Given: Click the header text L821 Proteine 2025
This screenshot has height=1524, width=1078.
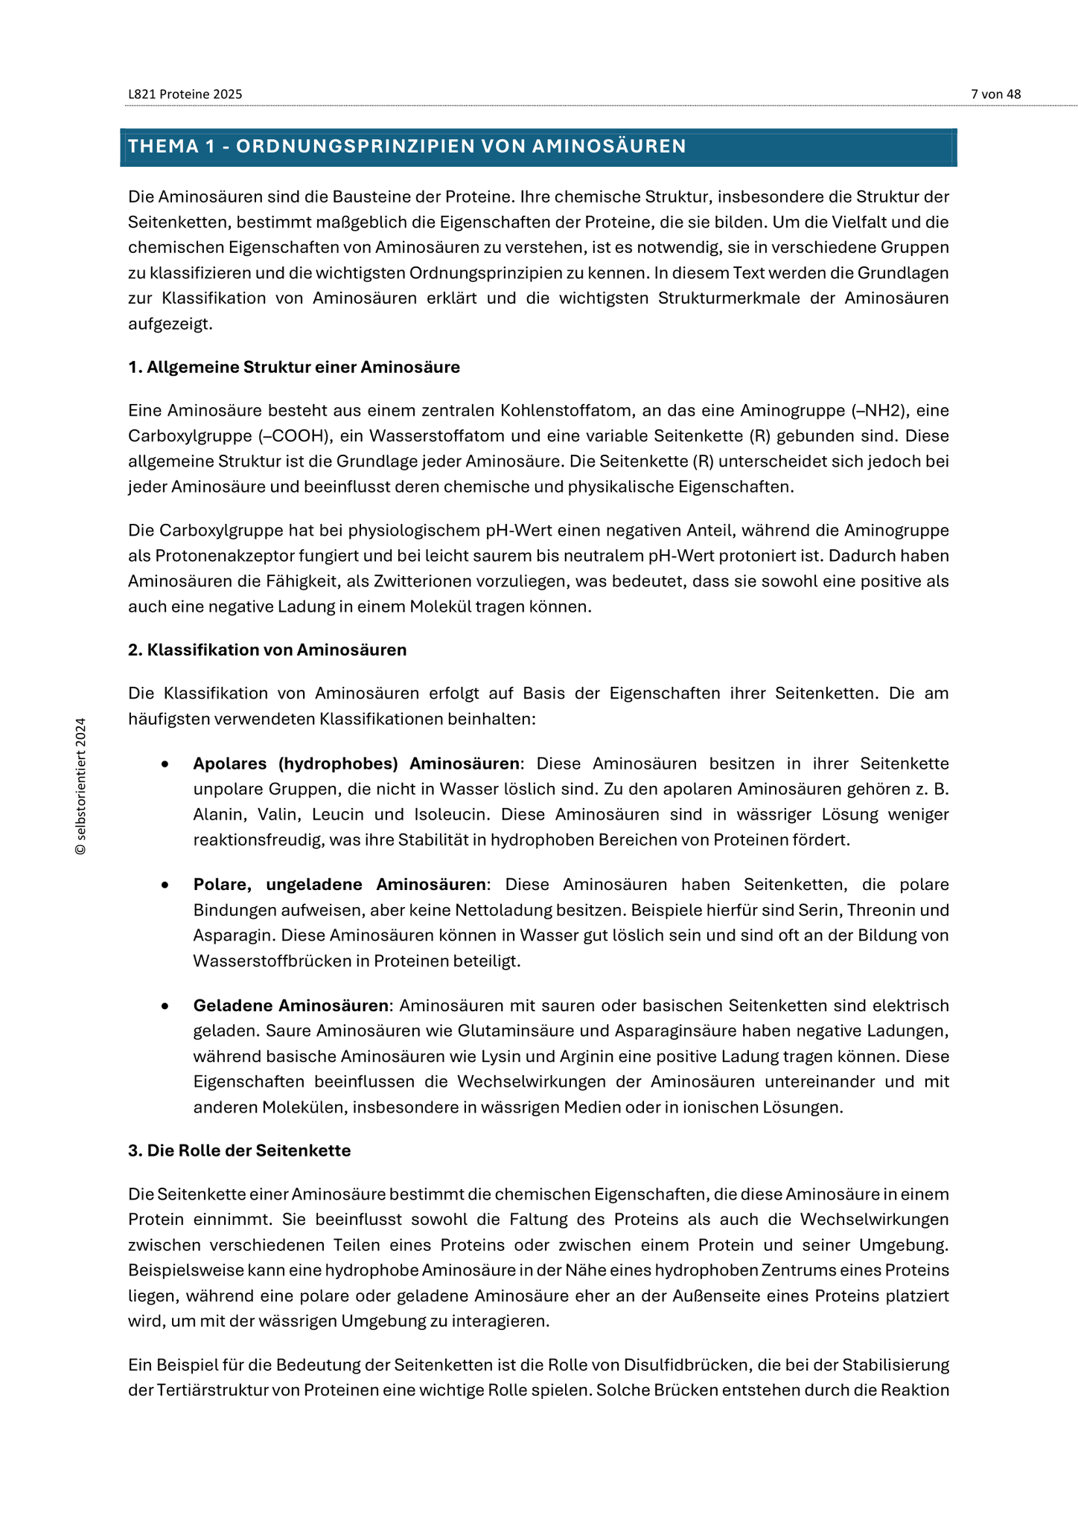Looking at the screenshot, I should coord(185,95).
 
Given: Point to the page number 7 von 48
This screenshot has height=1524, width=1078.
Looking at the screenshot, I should coord(995,95).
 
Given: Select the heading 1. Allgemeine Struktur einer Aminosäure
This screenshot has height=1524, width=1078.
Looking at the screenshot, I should coord(294,367).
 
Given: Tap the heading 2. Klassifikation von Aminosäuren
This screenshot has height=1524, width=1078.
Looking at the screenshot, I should coord(267,650).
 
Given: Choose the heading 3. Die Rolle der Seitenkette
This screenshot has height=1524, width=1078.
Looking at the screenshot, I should coord(239,1150).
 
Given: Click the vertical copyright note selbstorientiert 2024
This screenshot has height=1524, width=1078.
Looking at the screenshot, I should coord(81,786).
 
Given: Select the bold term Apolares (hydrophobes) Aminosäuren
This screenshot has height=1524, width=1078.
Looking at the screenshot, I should coord(357,763).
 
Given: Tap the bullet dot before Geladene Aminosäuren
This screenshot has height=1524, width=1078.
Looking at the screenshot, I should coord(165,1006).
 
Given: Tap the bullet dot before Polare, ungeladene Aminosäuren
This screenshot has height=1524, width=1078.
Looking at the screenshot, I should coord(165,886).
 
